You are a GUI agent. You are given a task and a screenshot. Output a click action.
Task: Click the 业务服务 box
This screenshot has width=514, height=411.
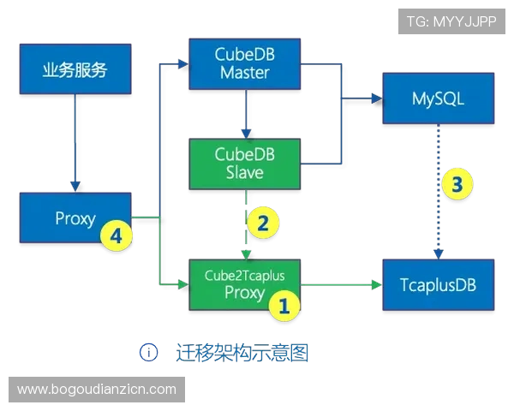(75, 69)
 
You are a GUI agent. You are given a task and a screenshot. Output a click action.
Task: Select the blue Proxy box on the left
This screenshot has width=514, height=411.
(75, 219)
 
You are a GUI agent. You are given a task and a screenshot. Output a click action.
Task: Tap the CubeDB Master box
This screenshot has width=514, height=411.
(245, 63)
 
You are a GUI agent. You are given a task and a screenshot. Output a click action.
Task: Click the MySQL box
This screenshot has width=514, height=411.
(438, 98)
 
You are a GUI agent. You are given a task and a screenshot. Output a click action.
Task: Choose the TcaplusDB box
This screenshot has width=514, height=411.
(438, 283)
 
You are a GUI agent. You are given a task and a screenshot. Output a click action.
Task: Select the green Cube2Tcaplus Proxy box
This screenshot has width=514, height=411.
(244, 283)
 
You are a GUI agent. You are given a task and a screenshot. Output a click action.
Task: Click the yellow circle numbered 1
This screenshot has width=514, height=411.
(284, 305)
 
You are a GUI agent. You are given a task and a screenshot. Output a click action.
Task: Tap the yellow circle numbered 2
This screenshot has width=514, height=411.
(263, 223)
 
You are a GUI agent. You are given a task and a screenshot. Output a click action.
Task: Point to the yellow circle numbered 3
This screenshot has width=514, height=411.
(457, 184)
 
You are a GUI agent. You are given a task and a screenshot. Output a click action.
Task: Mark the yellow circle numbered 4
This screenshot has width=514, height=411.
(117, 235)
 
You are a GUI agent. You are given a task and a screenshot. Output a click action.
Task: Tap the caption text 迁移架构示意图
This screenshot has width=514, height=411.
(239, 353)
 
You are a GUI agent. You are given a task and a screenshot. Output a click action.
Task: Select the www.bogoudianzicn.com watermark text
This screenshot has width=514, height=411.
(96, 390)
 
